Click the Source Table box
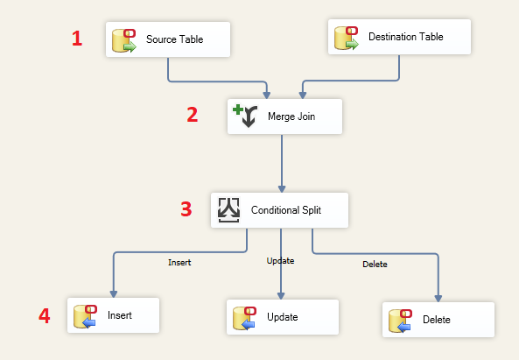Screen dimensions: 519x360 click(168, 39)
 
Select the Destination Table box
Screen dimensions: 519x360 click(399, 37)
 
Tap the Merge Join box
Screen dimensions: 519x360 click(284, 116)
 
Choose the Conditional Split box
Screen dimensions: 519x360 click(279, 210)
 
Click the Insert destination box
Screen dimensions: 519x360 click(113, 315)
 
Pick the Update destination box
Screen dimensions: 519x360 click(283, 317)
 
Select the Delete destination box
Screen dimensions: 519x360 click(438, 320)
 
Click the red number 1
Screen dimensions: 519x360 click(77, 39)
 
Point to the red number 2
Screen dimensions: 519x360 click(193, 115)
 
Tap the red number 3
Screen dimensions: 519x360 click(186, 209)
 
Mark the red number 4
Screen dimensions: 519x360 click(45, 315)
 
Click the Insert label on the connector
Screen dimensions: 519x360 click(179, 262)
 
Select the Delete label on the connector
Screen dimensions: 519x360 click(375, 265)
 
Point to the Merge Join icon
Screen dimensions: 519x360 click(245, 116)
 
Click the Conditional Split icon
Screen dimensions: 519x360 click(228, 210)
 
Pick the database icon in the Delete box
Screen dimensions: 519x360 click(400, 321)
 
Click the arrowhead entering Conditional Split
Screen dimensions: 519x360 click(282, 189)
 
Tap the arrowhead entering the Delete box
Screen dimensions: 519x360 click(438, 299)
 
